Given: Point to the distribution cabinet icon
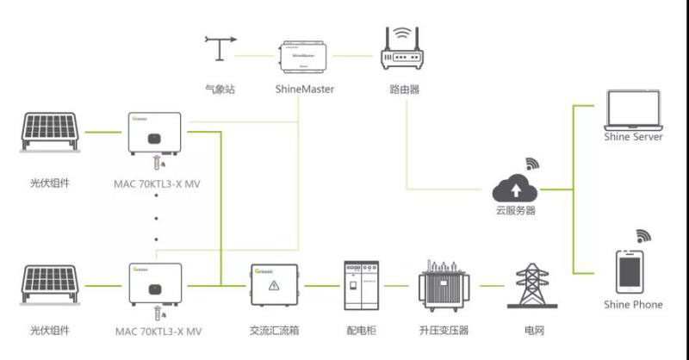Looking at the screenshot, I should pyautogui.click(x=360, y=285).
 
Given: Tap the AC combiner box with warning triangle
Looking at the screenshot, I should pyautogui.click(x=274, y=284).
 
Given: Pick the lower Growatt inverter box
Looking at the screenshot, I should pyautogui.click(x=156, y=285).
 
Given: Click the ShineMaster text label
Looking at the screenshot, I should pyautogui.click(x=304, y=89).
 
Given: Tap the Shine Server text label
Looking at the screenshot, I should pyautogui.click(x=633, y=138).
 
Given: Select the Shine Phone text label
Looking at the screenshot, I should pyautogui.click(x=633, y=304).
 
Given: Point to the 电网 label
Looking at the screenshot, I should pyautogui.click(x=534, y=330).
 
